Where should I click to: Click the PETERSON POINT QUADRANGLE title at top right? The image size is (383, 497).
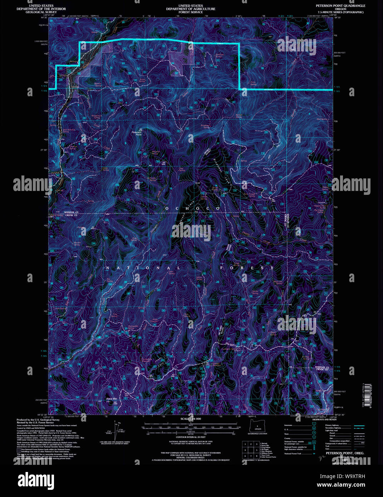click(340, 6)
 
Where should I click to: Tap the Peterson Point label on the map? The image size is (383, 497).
click(137, 133)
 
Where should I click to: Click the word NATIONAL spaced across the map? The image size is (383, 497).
click(143, 268)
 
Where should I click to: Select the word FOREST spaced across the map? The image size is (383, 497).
click(247, 268)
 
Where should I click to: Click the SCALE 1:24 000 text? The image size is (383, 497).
click(191, 419)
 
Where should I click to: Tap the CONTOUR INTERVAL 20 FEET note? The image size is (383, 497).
click(191, 437)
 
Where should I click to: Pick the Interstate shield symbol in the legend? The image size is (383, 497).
click(314, 425)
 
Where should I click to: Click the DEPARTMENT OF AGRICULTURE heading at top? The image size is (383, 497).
click(191, 9)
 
